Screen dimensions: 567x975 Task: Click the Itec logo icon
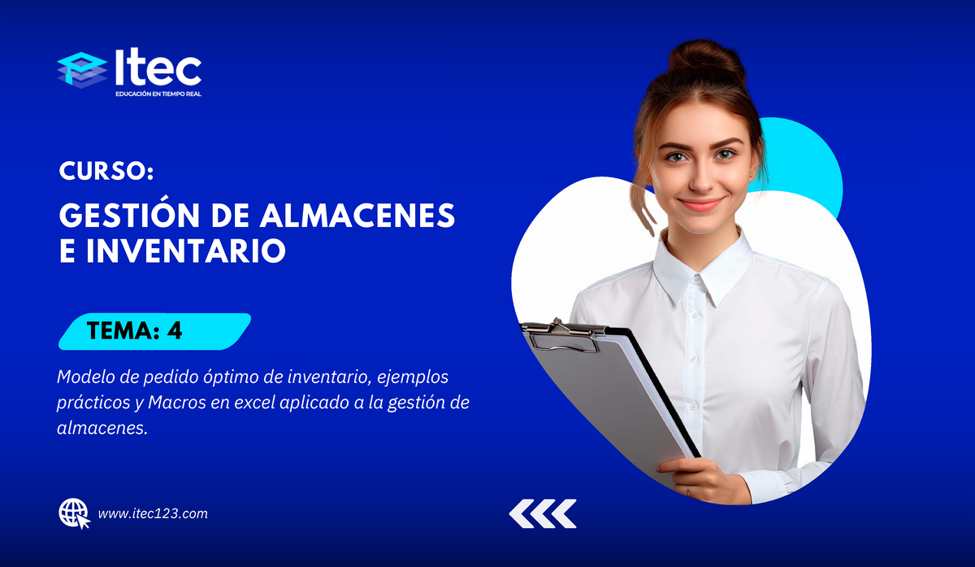pos(82,70)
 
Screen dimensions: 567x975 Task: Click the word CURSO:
pos(106,172)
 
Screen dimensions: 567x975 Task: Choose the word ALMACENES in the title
pos(366,216)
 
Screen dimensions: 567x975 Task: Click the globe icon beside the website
pos(74,513)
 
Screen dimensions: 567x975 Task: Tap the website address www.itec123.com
pos(153,513)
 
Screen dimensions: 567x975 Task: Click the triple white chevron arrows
pos(543,514)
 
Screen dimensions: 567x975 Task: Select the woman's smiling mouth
pos(700,203)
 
